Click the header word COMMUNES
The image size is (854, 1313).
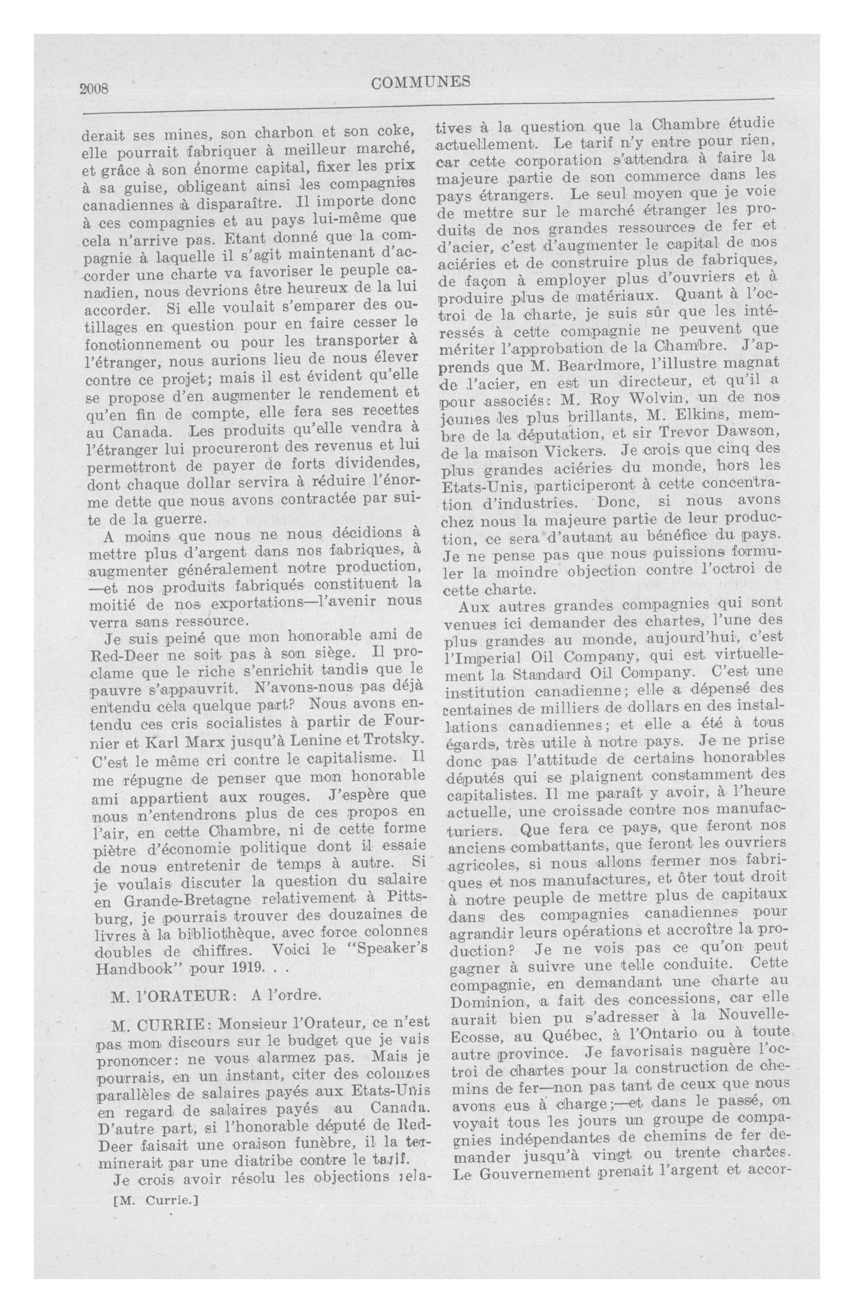(421, 83)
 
